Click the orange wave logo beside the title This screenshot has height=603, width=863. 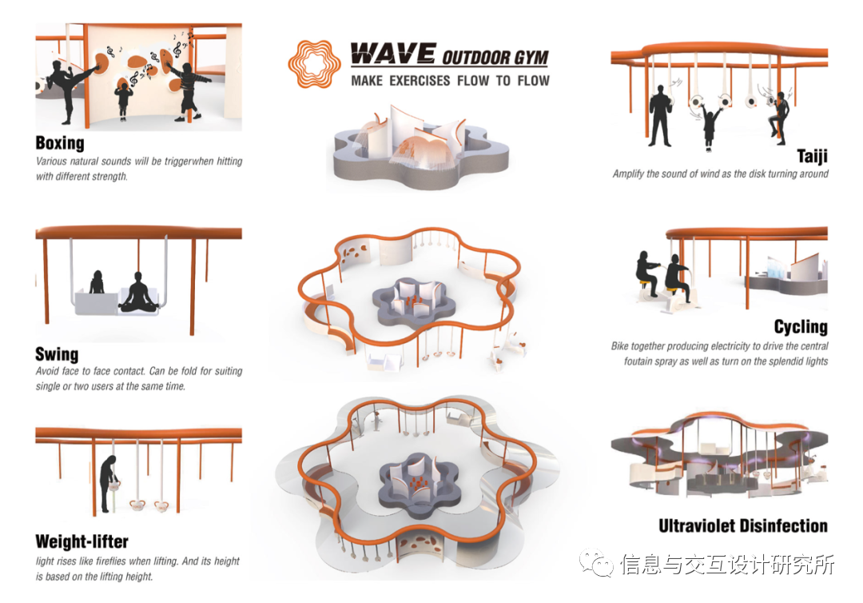[311, 64]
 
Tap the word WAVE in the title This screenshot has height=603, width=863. [393, 54]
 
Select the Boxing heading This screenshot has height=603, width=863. [60, 143]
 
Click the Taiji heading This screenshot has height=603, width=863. [813, 157]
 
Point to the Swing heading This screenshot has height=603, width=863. [57, 354]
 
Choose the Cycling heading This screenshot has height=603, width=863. [801, 326]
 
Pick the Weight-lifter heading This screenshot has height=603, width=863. [82, 542]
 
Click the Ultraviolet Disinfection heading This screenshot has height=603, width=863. [743, 526]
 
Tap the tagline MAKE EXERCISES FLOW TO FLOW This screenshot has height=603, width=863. [450, 81]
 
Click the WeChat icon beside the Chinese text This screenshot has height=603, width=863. [596, 563]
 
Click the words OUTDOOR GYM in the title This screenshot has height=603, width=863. [495, 58]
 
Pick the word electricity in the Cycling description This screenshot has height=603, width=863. [731, 345]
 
